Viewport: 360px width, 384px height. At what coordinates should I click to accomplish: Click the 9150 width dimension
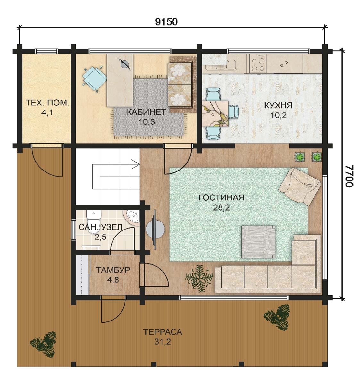point(166,22)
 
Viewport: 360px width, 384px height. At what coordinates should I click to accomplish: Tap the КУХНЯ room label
point(278,105)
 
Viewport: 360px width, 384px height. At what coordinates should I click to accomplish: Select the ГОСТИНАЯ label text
point(222,198)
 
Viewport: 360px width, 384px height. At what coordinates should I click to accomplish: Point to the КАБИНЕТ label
point(147,112)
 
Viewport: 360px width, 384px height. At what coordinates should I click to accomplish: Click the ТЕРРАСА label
point(162,332)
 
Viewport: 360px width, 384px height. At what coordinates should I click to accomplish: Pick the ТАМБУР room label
point(113,270)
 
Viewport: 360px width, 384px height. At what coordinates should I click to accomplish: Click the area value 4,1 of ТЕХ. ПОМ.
point(47,113)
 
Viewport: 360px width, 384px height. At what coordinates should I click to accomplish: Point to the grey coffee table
point(258,242)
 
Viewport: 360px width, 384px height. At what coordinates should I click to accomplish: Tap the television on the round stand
point(155,229)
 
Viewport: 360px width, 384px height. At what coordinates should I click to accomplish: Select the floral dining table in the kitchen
point(215,114)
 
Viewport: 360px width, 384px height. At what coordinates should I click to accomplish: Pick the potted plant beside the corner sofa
point(199,278)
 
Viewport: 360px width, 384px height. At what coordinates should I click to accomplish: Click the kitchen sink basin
point(231,64)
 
